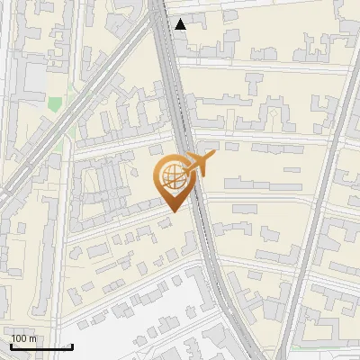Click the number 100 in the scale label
click(19, 338)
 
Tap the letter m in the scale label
click(32, 338)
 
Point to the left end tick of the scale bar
click(10, 346)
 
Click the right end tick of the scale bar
click(72, 346)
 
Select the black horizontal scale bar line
click(40, 347)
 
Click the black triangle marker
click(181, 24)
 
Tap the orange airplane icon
click(199, 165)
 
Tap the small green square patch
click(55, 104)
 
